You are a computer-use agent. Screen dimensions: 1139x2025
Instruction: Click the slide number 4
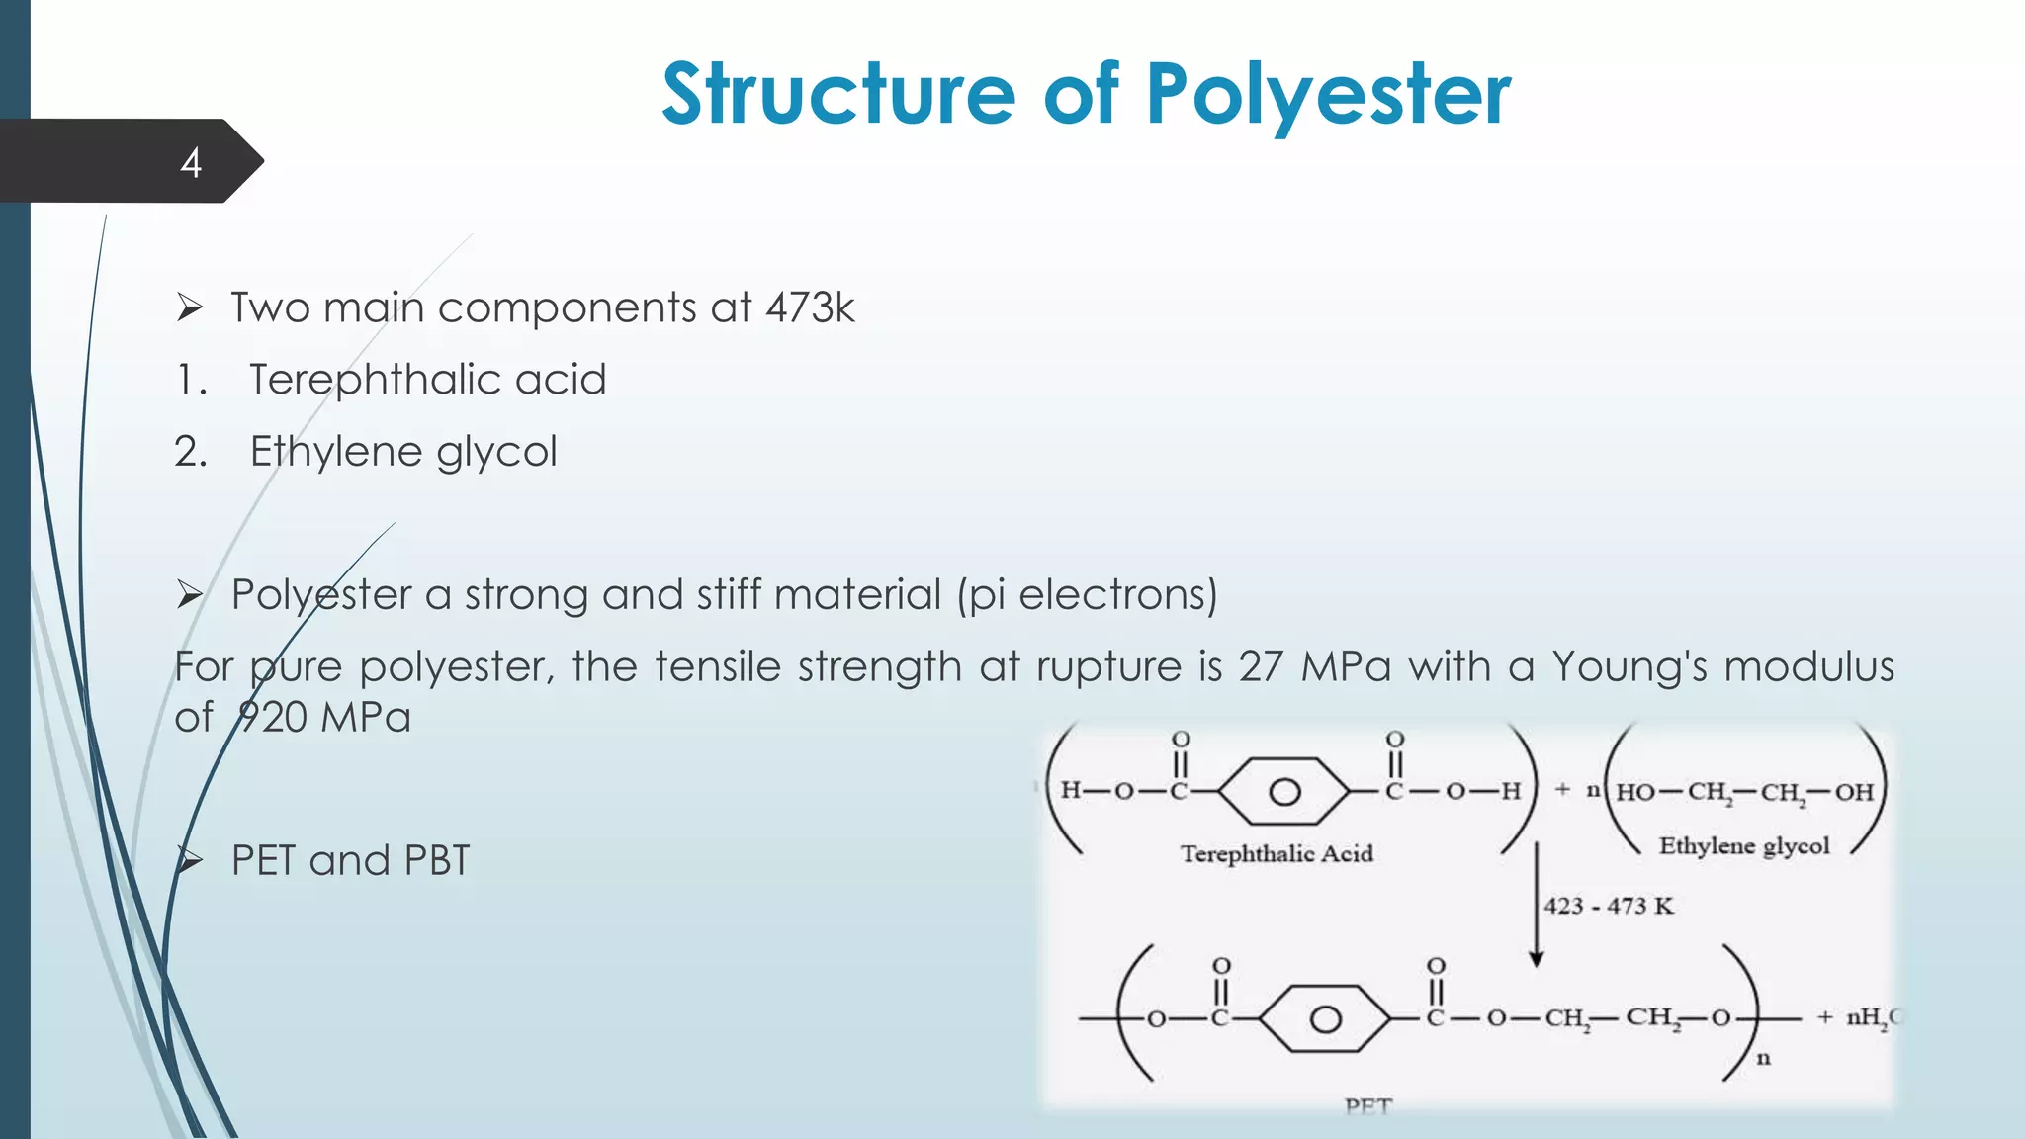coord(191,163)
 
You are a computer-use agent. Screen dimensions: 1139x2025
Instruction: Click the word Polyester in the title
coord(1328,95)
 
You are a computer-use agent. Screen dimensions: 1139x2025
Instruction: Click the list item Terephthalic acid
coord(427,380)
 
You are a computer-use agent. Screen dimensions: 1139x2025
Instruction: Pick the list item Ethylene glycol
coord(403,452)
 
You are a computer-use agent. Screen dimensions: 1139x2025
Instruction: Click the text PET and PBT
coord(350,860)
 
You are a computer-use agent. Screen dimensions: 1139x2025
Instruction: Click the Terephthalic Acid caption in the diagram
coord(1277,854)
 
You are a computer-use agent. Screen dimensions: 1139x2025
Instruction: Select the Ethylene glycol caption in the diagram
coord(1744,846)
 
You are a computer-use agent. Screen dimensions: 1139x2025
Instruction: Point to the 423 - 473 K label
coord(1609,906)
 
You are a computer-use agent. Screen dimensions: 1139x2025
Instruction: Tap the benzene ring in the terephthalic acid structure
coord(1283,792)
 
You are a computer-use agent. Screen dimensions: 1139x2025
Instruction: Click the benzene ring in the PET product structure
coord(1325,1019)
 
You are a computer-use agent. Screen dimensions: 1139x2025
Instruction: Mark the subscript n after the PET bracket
coord(1763,1059)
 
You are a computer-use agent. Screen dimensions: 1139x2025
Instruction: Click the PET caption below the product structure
coord(1368,1106)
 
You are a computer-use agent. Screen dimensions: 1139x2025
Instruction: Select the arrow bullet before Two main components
coord(190,307)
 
